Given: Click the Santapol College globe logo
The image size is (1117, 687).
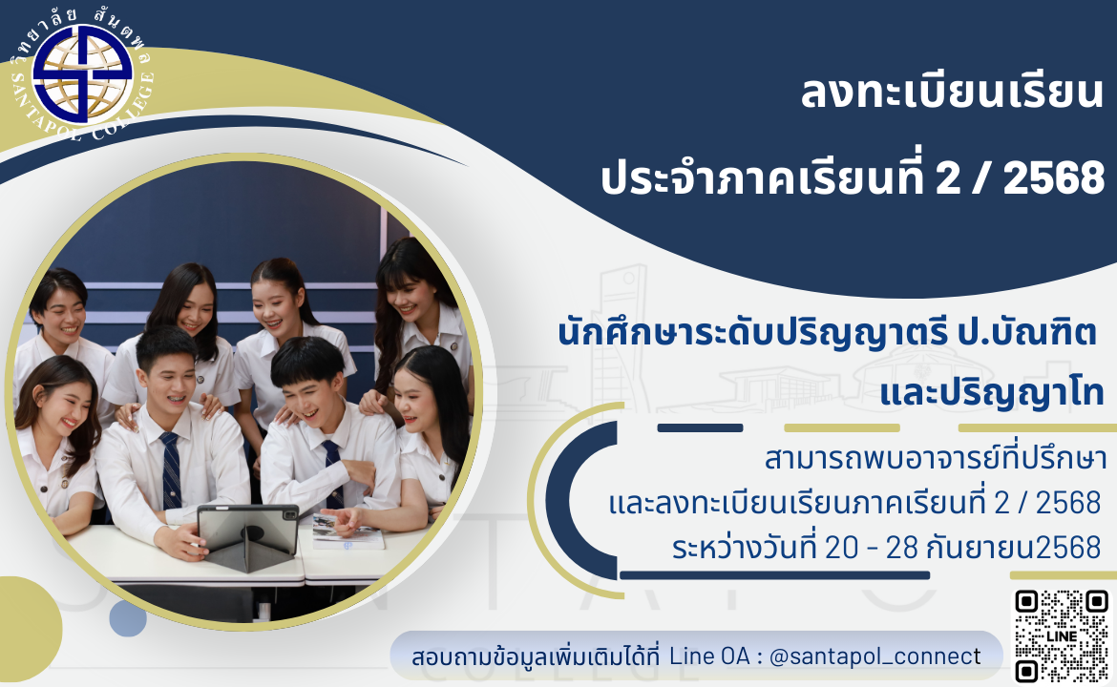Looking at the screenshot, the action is click(x=83, y=74).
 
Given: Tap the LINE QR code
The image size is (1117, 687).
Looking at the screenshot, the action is click(x=1062, y=635).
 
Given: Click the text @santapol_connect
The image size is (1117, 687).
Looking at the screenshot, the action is click(x=875, y=656).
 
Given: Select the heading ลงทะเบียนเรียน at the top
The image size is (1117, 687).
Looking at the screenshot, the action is click(x=952, y=94).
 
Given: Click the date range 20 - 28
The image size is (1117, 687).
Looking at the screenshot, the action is click(x=872, y=549).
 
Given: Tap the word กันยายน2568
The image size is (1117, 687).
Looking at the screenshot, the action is click(x=1014, y=549).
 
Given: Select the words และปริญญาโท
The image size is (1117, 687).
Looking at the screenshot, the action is click(x=992, y=394).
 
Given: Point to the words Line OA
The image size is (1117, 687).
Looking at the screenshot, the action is click(x=708, y=656).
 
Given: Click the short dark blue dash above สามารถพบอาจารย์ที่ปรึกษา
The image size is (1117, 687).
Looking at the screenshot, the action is click(x=700, y=427).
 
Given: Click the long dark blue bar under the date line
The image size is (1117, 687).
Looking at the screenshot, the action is click(x=775, y=575).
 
